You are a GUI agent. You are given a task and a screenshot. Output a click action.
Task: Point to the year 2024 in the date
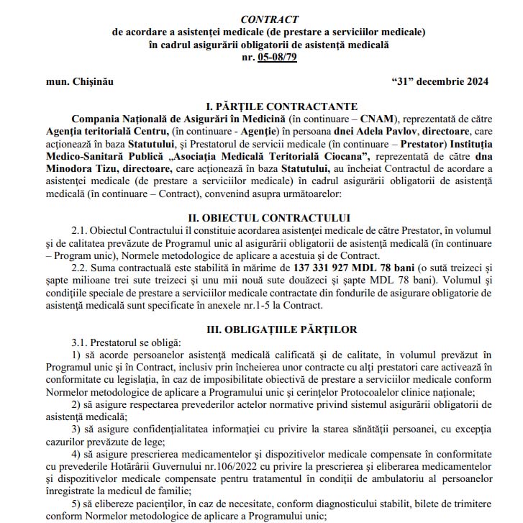[x=474, y=81]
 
